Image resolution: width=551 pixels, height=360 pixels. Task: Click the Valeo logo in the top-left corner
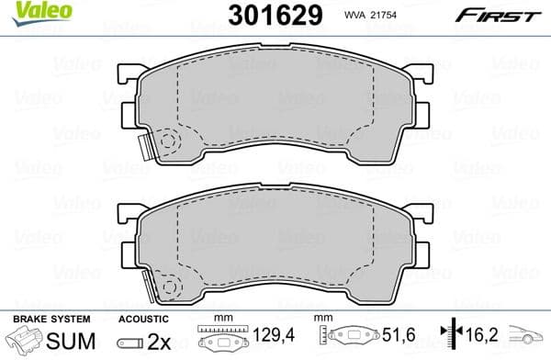pyautogui.click(x=29, y=11)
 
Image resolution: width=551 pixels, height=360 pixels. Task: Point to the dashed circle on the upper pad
pyautogui.click(x=167, y=142)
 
